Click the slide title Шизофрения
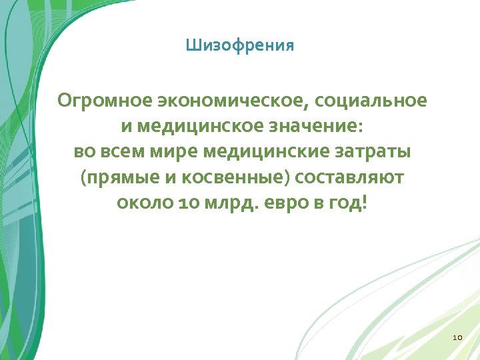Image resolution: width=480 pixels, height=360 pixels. (240, 46)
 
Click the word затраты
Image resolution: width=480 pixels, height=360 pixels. (372, 151)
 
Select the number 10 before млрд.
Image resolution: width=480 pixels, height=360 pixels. (187, 202)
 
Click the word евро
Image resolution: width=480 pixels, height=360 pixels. (283, 202)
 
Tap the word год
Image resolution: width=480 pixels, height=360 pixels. (343, 202)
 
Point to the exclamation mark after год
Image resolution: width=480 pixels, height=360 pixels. (363, 201)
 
